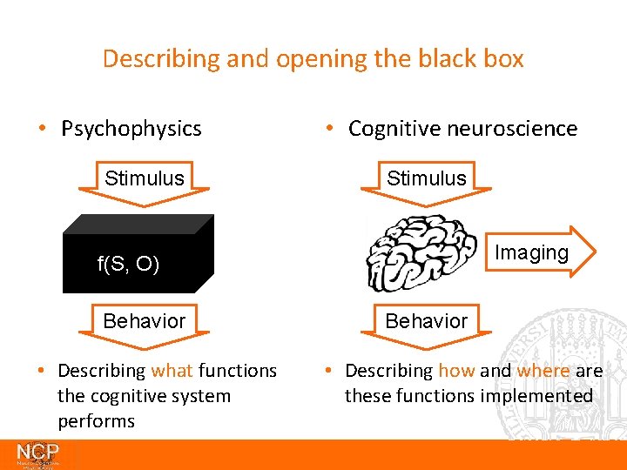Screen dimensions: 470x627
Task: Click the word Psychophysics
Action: pyautogui.click(x=131, y=129)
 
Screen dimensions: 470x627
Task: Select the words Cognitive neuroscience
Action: pyautogui.click(x=462, y=129)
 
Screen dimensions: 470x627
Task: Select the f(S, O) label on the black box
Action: pyautogui.click(x=128, y=265)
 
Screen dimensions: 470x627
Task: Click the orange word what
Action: pyautogui.click(x=172, y=371)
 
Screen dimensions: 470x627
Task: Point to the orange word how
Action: pyautogui.click(x=456, y=371)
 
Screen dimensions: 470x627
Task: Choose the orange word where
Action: pyautogui.click(x=543, y=371)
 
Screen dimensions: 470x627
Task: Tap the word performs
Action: pyautogui.click(x=96, y=421)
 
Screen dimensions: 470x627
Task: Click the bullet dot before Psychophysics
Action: pyautogui.click(x=42, y=129)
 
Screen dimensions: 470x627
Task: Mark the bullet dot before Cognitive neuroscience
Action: pyautogui.click(x=329, y=129)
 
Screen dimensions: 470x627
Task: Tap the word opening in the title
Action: pyautogui.click(x=309, y=59)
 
